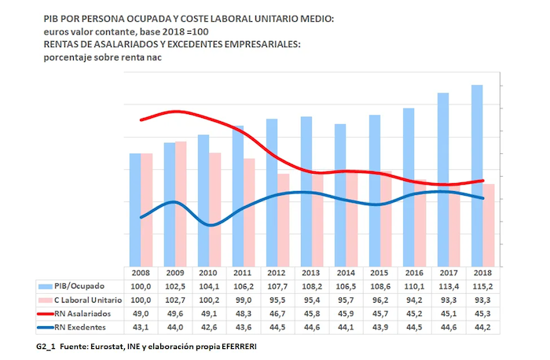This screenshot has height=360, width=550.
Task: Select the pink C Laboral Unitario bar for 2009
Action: (x=181, y=204)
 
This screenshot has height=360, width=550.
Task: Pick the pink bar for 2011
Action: (x=249, y=212)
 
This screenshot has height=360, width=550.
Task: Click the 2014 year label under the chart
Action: (x=346, y=272)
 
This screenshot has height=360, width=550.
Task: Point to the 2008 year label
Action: (x=141, y=272)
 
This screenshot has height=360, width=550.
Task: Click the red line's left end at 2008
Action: (x=141, y=119)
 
